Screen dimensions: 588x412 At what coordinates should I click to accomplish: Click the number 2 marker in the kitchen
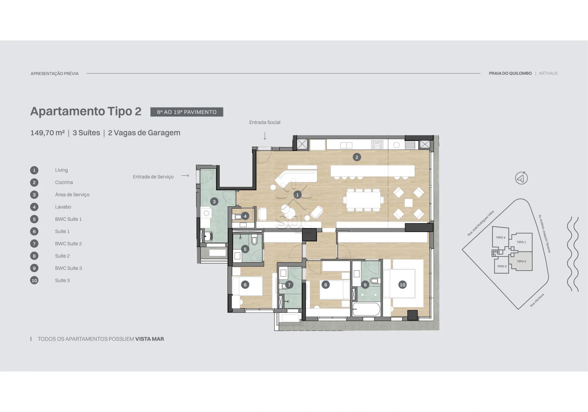[357, 157]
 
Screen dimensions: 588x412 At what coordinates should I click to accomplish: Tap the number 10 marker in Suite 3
[402, 285]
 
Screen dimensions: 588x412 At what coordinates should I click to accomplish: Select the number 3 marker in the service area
[214, 202]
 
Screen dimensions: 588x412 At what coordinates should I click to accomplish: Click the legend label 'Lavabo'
[63, 207]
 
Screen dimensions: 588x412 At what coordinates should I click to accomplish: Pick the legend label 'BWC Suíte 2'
[68, 244]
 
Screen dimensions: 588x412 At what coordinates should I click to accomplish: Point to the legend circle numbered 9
[34, 268]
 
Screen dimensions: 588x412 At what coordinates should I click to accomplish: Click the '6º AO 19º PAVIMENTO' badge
[187, 112]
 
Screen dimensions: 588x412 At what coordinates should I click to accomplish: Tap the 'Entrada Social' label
[265, 122]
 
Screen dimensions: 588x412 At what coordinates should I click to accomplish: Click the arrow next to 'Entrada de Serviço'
[185, 176]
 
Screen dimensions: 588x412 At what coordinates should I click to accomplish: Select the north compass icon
[521, 178]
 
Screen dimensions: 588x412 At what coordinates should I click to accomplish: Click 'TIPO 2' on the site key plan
[521, 261]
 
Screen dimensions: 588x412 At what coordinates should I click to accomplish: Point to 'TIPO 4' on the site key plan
[500, 237]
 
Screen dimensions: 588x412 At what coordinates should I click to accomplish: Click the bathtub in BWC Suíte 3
[366, 309]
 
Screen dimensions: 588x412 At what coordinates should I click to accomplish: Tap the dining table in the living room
[363, 200]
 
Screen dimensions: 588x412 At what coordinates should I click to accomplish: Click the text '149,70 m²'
[48, 133]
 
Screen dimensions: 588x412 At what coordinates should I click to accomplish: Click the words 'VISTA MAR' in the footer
[149, 339]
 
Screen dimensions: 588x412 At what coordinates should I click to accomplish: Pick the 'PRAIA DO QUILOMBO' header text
[510, 73]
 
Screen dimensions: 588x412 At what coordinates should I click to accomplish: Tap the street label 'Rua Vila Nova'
[537, 300]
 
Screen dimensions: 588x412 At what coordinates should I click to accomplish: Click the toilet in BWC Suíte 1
[254, 240]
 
